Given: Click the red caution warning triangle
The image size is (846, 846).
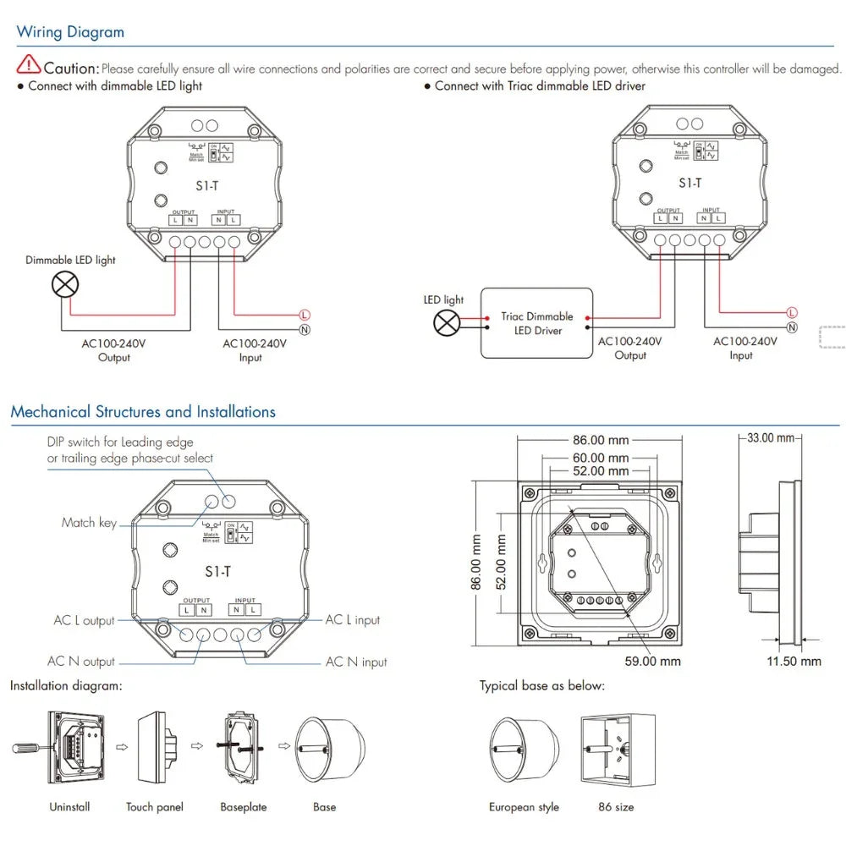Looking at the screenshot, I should (x=29, y=63).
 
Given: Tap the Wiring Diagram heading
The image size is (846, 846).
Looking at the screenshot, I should (x=70, y=33).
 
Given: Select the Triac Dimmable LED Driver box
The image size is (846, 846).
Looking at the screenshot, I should (x=537, y=322).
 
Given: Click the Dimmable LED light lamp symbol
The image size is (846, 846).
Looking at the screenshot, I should (x=65, y=285).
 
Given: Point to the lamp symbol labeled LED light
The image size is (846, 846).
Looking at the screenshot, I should (x=446, y=322).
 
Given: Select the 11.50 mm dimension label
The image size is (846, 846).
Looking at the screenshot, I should (x=794, y=661).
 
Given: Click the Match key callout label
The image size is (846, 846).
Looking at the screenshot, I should (x=89, y=523).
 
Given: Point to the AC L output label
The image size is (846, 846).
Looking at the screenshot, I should (x=84, y=621).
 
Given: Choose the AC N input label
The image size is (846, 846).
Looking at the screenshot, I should (x=356, y=662).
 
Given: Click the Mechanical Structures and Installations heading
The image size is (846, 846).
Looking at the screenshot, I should (x=143, y=413).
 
